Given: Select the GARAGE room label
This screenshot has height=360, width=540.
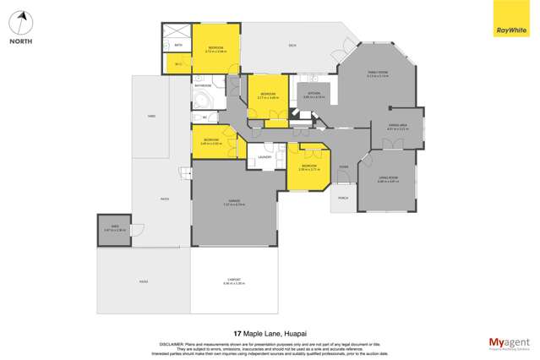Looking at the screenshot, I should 233,201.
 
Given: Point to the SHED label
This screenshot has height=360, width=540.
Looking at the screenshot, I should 108,227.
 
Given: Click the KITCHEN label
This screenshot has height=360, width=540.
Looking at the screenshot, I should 315,95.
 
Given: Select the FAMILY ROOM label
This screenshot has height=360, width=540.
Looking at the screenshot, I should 378,74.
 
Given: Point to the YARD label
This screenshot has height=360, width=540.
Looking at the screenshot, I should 150,116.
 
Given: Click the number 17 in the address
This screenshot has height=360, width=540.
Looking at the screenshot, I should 237,333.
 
